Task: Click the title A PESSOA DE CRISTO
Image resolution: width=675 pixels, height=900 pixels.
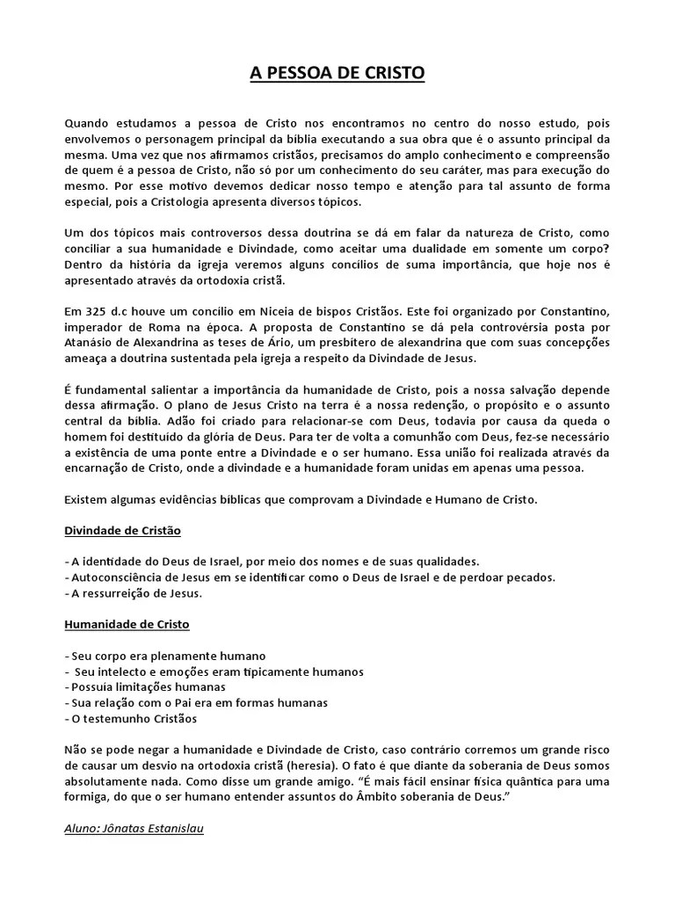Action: [x=337, y=75]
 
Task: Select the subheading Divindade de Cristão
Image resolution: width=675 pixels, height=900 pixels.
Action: [x=123, y=531]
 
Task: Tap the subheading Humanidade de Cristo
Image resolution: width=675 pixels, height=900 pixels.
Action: [x=127, y=625]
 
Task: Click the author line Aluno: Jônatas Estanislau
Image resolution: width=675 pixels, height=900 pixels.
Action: [x=134, y=829]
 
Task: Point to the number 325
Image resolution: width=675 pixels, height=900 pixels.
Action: [x=97, y=311]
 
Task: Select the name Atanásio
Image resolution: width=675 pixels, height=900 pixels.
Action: [x=91, y=343]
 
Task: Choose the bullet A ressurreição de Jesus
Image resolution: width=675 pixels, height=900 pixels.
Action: [x=136, y=593]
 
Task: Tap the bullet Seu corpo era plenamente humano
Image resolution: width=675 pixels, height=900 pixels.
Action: [x=167, y=656]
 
